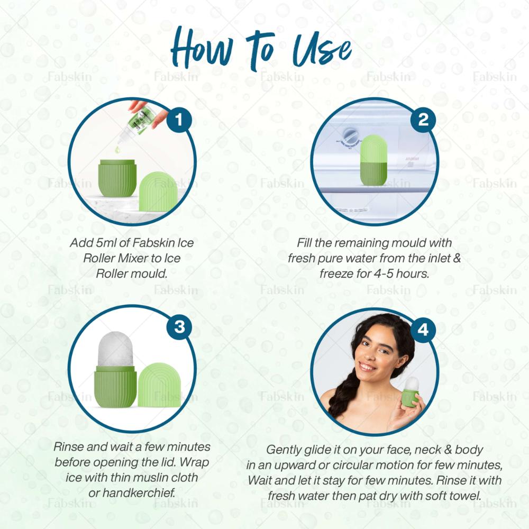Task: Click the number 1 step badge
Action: click(x=179, y=120)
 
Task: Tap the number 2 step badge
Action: click(x=423, y=120)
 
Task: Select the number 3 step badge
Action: click(x=179, y=327)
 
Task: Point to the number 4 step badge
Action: click(x=423, y=330)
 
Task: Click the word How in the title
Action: click(x=202, y=48)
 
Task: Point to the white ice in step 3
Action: click(x=115, y=349)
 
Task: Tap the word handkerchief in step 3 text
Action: click(x=139, y=493)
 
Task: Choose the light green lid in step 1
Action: click(x=158, y=191)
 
